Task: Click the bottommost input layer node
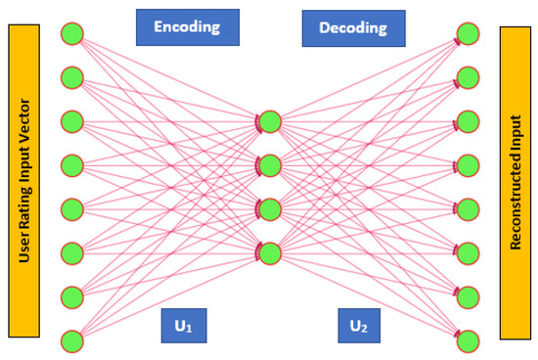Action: click(x=70, y=340)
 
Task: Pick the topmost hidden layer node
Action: click(x=270, y=122)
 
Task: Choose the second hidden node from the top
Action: click(x=270, y=163)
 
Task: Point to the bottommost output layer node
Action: click(x=471, y=341)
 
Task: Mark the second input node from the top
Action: click(x=70, y=76)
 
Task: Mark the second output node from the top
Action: click(x=471, y=77)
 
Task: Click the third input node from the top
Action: click(x=70, y=121)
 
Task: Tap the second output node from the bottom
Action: click(x=471, y=296)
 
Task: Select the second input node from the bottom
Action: click(x=70, y=296)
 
